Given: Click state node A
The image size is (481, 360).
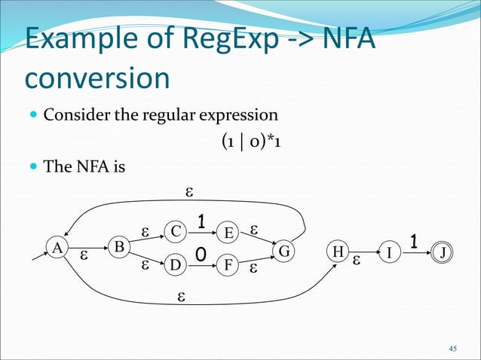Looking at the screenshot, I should pyautogui.click(x=55, y=247).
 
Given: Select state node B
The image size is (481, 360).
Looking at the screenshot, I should pyautogui.click(x=119, y=247).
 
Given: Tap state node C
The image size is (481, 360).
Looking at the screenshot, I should pyautogui.click(x=175, y=231).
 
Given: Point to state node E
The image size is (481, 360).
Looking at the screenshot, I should pyautogui.click(x=227, y=231).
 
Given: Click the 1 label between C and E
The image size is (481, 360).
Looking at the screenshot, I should pyautogui.click(x=201, y=221).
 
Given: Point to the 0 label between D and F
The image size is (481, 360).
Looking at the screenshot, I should pyautogui.click(x=201, y=257).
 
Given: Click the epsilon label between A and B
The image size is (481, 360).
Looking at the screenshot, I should pyautogui.click(x=84, y=256).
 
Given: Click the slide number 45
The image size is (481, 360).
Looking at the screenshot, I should pyautogui.click(x=452, y=348).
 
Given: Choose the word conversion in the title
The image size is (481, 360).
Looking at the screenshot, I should pyautogui.click(x=96, y=79).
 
